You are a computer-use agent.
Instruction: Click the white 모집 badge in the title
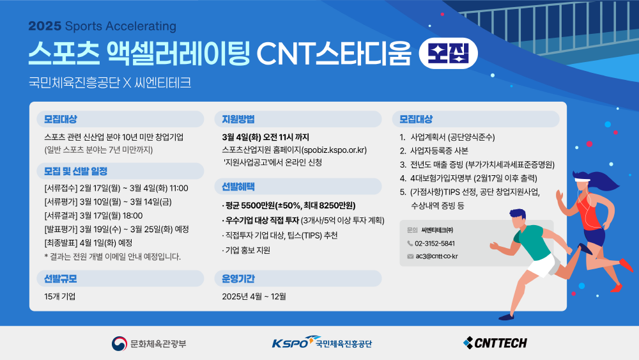[449, 54]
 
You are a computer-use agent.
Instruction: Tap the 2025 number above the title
[45, 26]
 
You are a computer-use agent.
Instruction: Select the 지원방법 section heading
[238, 119]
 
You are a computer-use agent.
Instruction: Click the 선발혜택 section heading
[238, 187]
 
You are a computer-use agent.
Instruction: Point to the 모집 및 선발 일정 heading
[76, 171]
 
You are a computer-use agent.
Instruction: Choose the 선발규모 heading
[60, 279]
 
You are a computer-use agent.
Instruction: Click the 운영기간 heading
[238, 279]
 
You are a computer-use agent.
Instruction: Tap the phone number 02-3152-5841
[435, 244]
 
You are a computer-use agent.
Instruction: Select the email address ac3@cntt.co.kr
[436, 256]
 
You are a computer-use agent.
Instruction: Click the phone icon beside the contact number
[410, 244]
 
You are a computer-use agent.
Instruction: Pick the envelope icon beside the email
[410, 256]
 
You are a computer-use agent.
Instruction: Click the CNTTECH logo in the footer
[495, 343]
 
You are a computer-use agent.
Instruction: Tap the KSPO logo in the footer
[322, 343]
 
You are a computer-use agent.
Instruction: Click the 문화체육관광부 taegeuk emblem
[119, 343]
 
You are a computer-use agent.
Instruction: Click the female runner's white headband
[582, 178]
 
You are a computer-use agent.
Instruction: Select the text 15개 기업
[60, 297]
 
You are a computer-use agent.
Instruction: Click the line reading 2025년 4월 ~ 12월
[254, 297]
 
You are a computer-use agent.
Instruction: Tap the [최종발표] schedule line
[88, 243]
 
